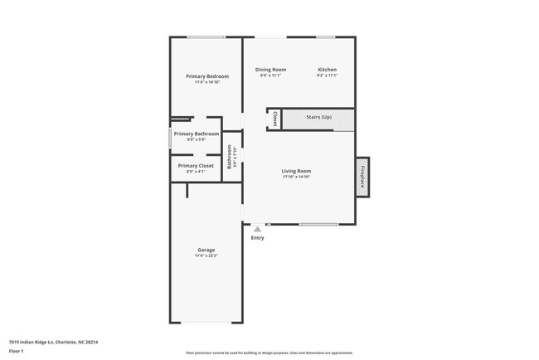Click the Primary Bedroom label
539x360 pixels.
[x=206, y=76]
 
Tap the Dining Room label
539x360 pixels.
[x=270, y=70]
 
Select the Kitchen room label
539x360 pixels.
[x=327, y=70]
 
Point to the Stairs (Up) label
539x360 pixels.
[x=319, y=118]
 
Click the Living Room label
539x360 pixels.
[x=296, y=171]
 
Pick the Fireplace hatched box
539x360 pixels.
[x=362, y=177]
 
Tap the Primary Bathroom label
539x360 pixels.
[x=197, y=134]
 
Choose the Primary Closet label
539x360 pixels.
[x=196, y=165]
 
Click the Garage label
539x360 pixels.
[x=206, y=250]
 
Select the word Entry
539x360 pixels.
[x=258, y=238]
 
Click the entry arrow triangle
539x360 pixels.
[x=257, y=229]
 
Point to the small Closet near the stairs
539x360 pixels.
[x=274, y=119]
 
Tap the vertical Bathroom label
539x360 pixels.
[x=230, y=158]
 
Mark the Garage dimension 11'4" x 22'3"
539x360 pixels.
[x=206, y=255]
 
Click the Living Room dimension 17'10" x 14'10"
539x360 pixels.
[x=296, y=177]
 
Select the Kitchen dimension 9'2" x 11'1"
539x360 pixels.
[x=327, y=75]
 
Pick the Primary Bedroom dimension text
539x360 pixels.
[x=206, y=82]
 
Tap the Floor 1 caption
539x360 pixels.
[x=17, y=352]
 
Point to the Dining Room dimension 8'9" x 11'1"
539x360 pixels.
[x=270, y=75]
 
